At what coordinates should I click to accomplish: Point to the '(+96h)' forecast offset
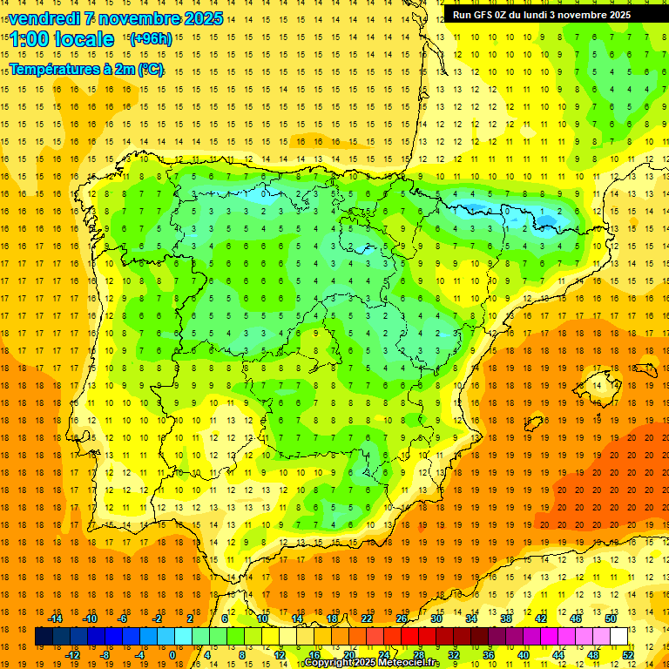tap(151, 39)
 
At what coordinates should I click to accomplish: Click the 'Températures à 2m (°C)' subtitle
tap(86, 69)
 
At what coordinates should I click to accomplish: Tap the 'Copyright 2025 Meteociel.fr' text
tap(371, 663)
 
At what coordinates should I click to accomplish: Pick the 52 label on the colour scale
tap(628, 655)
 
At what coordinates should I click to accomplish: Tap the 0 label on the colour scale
tap(172, 655)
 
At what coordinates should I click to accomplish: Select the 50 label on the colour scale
tap(610, 618)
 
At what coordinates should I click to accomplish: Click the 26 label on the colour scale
tap(402, 618)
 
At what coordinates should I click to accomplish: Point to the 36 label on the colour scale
tap(489, 655)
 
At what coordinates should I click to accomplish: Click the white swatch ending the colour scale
tap(618, 637)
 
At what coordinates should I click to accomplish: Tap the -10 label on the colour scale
tap(89, 618)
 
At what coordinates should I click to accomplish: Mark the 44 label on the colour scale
tap(558, 655)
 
